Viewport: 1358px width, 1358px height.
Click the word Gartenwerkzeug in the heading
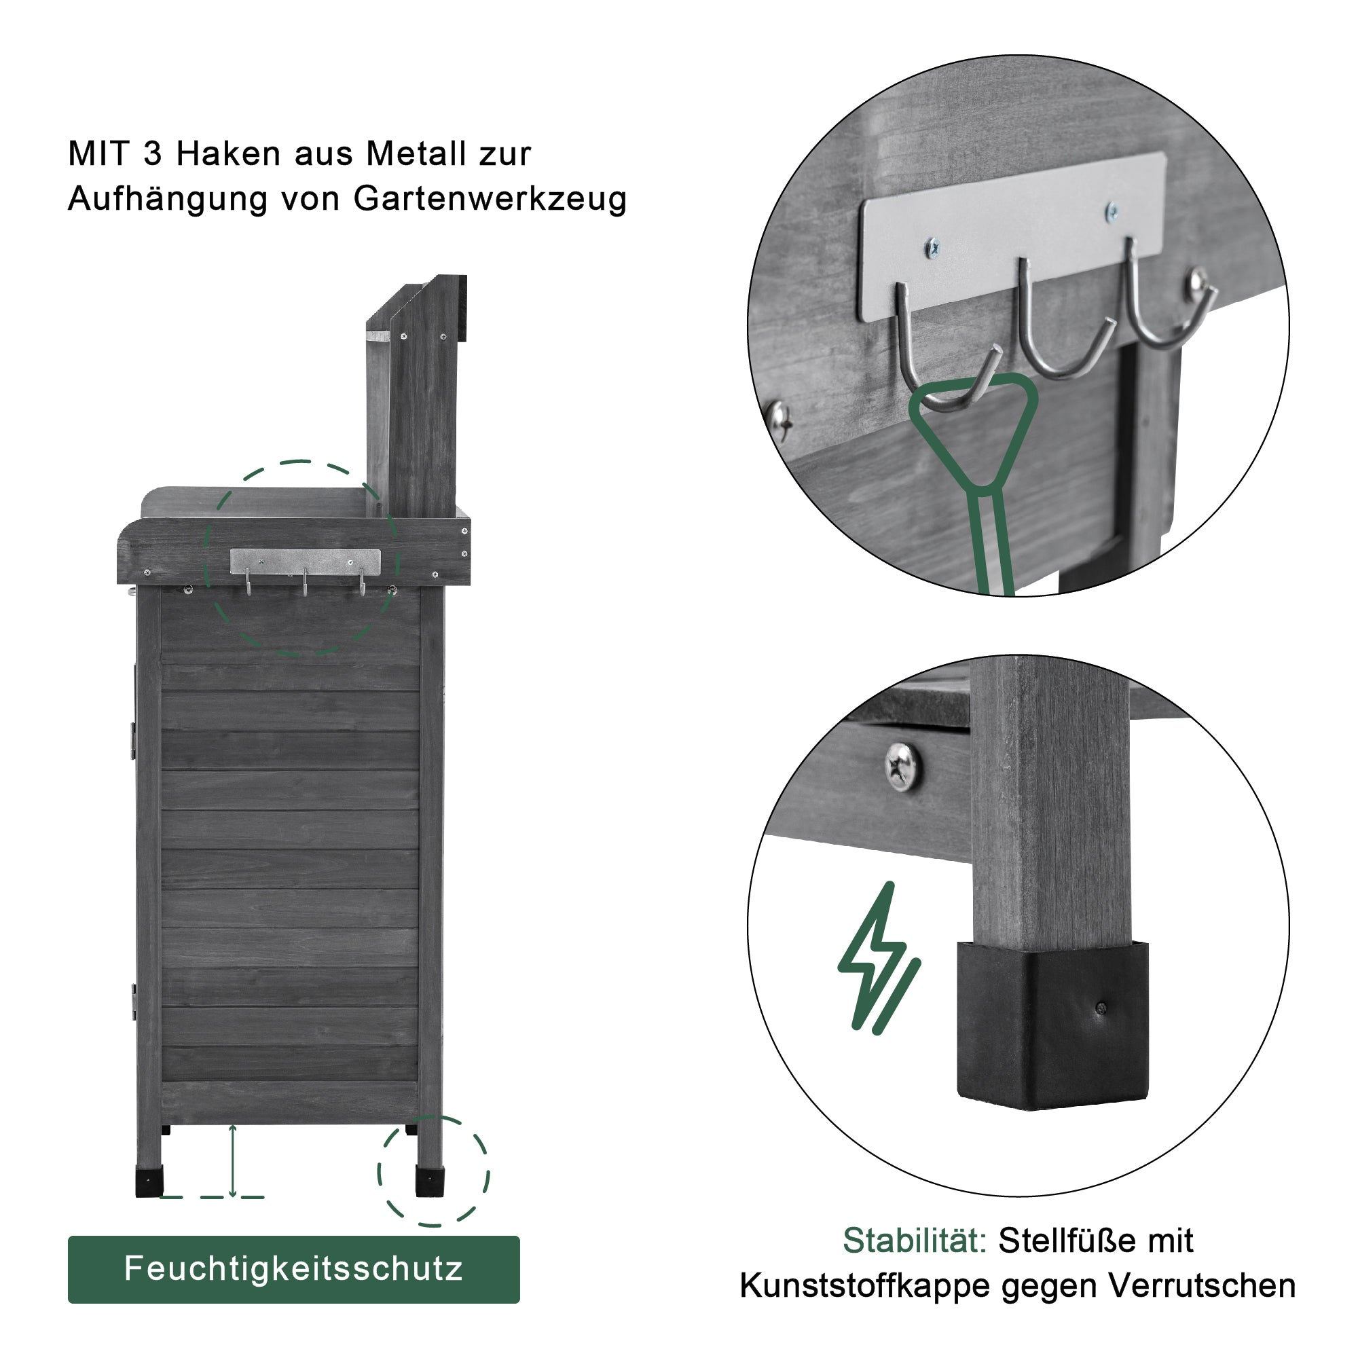[x=490, y=199]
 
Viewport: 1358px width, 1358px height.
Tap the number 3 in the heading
[x=153, y=153]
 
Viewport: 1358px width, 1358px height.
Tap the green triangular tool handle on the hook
[x=974, y=436]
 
